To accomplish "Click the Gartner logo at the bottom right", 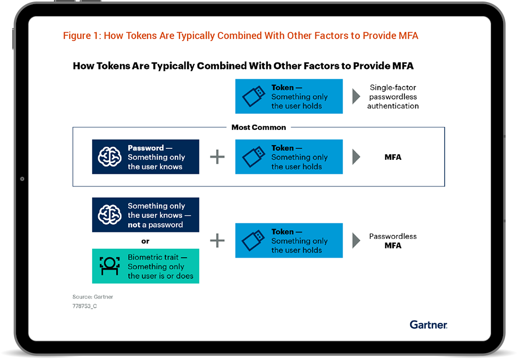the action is click(428, 325).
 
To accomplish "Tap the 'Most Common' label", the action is click(258, 127).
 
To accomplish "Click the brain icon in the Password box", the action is click(110, 157).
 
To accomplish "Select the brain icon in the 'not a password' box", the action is click(110, 215).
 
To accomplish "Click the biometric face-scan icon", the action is click(110, 266).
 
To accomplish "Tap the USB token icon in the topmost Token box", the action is click(254, 96).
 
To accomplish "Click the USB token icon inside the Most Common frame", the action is click(254, 157).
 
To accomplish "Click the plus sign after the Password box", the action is click(217, 157).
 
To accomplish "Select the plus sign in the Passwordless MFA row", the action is click(217, 241).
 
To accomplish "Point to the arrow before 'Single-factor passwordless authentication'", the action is click(356, 96).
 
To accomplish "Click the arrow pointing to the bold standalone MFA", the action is click(356, 157).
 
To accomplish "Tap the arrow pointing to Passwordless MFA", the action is click(356, 241).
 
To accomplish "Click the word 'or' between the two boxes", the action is click(145, 241).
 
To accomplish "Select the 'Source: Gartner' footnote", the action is click(93, 297).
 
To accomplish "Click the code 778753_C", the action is click(85, 306).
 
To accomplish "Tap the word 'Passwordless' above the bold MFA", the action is click(393, 236).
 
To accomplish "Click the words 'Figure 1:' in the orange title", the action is click(82, 36).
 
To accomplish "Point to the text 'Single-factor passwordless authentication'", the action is click(393, 97).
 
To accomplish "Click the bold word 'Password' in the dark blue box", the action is click(146, 148).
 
